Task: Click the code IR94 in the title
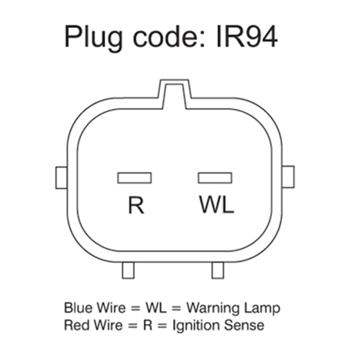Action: coord(246,37)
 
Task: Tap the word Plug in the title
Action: coord(93,39)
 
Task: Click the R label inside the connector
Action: coord(136,205)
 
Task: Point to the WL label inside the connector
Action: coord(217,205)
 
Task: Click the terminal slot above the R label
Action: coord(134,178)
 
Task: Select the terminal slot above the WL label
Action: coord(215,178)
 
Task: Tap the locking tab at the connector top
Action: coord(175,93)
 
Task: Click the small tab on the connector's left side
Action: coord(61,177)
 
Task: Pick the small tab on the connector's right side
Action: coord(288,177)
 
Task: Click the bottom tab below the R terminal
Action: coord(128,270)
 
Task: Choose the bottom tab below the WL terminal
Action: coord(218,270)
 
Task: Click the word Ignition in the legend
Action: coord(195,326)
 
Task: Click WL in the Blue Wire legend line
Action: coord(156,308)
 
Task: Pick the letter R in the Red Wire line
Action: coord(148,326)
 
